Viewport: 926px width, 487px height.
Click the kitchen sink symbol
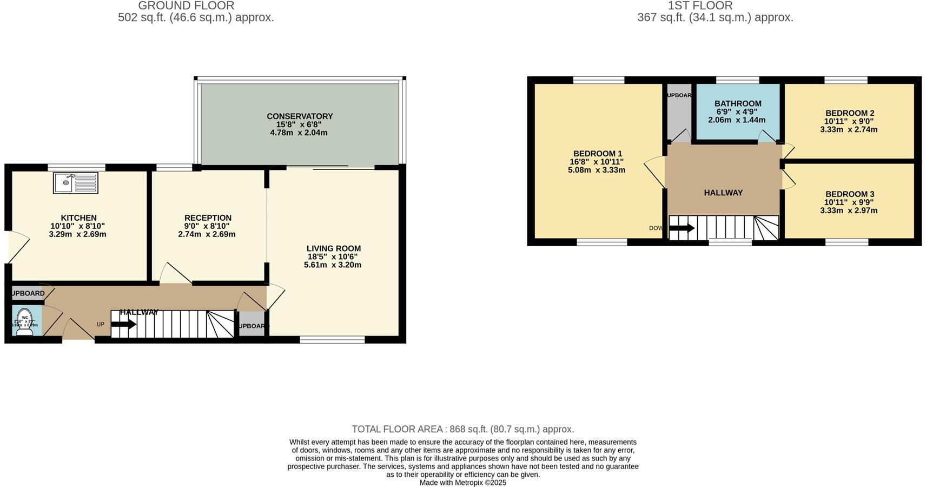point(76,183)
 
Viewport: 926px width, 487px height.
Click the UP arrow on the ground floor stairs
point(124,325)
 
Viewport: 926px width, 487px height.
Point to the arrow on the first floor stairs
point(682,228)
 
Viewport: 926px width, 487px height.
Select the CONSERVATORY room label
point(300,116)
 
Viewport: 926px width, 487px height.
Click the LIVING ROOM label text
point(334,248)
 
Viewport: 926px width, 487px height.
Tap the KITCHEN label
point(78,218)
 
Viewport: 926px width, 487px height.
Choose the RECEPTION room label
point(208,218)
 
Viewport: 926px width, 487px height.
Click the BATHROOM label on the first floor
point(738,103)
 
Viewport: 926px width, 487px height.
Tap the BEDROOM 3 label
point(850,194)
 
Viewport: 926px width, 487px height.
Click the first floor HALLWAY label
point(723,193)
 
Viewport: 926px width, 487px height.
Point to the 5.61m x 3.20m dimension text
point(333,265)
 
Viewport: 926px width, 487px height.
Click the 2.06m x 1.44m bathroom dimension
point(737,120)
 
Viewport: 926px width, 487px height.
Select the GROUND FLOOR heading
point(186,6)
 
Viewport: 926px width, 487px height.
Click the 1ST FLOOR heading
point(700,6)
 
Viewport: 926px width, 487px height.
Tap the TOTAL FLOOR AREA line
point(463,429)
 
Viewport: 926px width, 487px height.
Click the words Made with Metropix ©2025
point(463,483)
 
